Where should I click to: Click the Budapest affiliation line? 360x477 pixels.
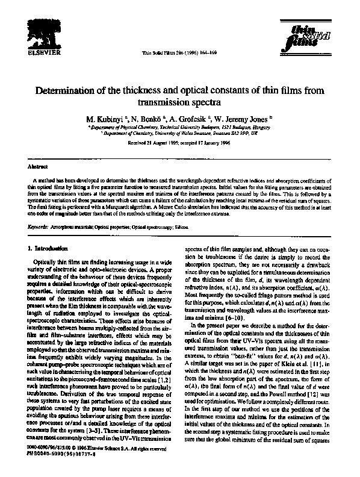click(180, 128)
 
